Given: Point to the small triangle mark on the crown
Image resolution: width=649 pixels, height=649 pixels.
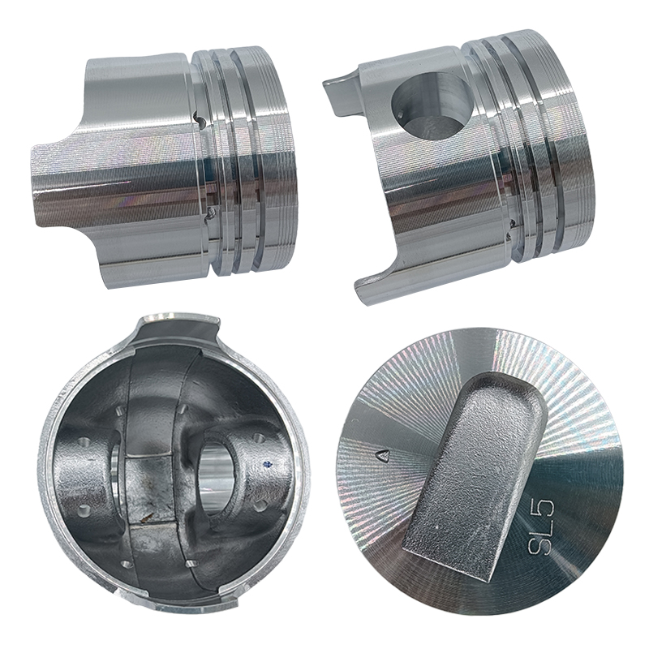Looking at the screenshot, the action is (383, 456).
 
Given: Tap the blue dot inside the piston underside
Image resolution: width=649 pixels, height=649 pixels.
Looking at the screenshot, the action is (270, 463).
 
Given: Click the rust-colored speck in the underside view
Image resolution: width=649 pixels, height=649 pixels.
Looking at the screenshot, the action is (146, 516).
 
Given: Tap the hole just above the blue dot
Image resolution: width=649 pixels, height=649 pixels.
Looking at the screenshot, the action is (260, 437).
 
